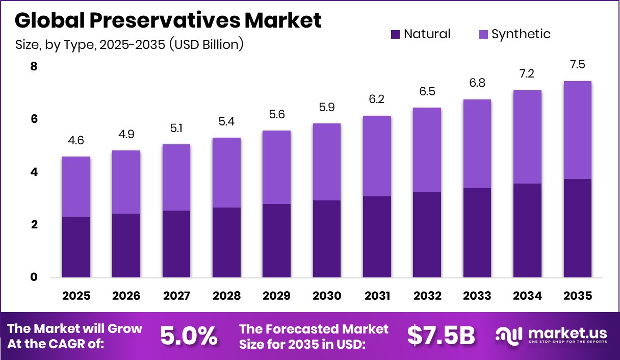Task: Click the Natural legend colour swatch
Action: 395,35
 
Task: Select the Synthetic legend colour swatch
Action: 483,35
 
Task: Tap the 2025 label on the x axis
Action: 76,296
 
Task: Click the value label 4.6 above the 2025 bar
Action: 76,141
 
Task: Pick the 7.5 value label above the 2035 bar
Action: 578,65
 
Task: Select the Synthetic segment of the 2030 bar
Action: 327,162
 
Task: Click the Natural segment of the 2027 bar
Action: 176,244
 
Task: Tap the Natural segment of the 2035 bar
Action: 578,228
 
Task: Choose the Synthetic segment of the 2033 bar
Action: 477,144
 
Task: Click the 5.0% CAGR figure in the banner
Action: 189,336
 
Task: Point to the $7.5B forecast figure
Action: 441,336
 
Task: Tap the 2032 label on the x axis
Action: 427,296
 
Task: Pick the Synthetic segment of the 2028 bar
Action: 226,172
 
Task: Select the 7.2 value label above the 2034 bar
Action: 527,74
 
